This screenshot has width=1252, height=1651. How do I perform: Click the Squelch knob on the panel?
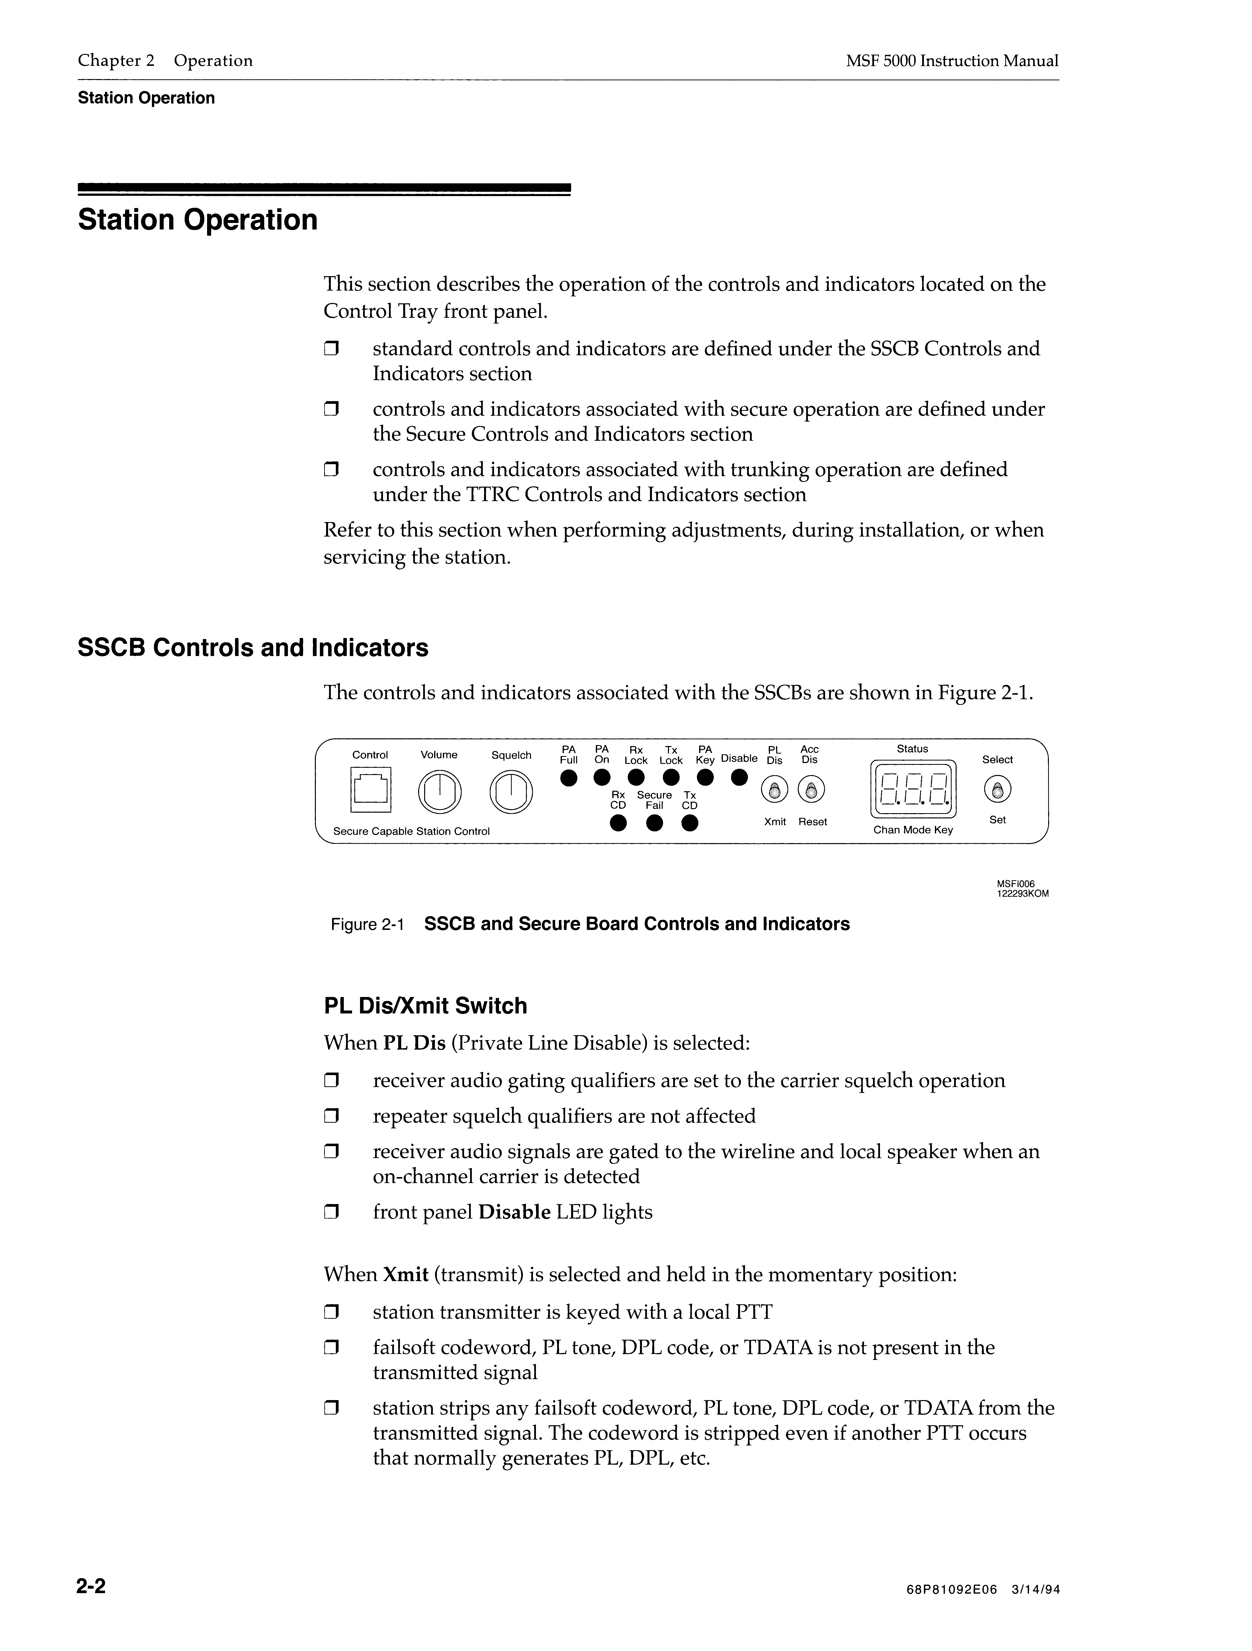[x=511, y=792]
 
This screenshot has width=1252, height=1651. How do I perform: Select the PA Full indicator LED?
[x=569, y=778]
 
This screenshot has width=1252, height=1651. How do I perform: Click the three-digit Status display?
[x=914, y=790]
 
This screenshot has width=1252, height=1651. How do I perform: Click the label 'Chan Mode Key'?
[x=913, y=830]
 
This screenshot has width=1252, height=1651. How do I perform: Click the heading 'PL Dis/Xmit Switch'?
[x=426, y=1006]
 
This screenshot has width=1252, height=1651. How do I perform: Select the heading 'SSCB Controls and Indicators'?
[x=253, y=648]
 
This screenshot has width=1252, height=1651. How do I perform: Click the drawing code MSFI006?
[x=1015, y=884]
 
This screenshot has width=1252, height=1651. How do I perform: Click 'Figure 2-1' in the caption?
[x=367, y=925]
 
